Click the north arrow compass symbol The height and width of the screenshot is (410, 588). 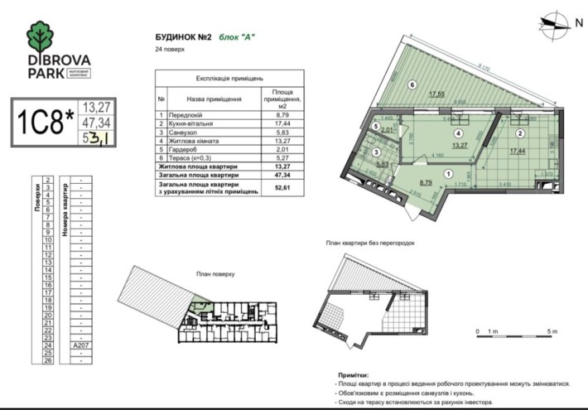tap(552, 22)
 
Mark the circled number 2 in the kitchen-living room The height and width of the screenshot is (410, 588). tap(520, 133)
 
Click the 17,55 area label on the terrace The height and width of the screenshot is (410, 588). tap(438, 94)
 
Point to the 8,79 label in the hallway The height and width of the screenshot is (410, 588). tap(424, 181)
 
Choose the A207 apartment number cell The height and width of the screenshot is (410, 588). tap(80, 345)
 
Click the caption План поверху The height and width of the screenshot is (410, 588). tap(216, 273)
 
